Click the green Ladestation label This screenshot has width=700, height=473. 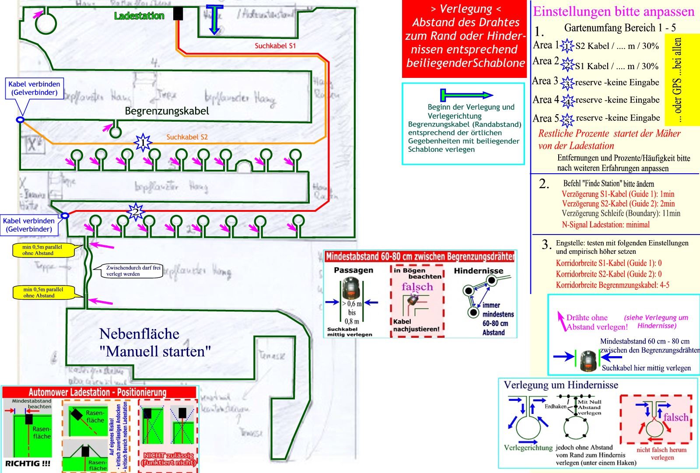point(139,16)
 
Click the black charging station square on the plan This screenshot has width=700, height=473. point(178,14)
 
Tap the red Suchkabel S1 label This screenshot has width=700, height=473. point(275,46)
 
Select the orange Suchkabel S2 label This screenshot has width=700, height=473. point(187,137)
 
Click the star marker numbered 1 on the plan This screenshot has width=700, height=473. point(143,143)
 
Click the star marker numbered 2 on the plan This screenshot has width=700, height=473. point(135,212)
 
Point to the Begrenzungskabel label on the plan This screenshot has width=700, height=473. point(167,111)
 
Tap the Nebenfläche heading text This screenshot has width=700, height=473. point(139,334)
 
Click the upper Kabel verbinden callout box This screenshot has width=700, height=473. point(34,88)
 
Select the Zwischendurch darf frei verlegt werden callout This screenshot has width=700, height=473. point(133,270)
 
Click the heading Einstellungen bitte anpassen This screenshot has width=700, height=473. point(613,11)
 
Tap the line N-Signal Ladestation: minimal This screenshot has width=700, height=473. point(605,224)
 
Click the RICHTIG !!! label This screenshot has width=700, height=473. point(28,463)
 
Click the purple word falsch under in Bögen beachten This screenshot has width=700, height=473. point(417,287)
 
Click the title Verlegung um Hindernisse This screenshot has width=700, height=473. point(560,385)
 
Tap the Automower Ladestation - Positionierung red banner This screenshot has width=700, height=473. point(98,392)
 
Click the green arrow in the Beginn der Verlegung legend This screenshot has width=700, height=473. point(466,95)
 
